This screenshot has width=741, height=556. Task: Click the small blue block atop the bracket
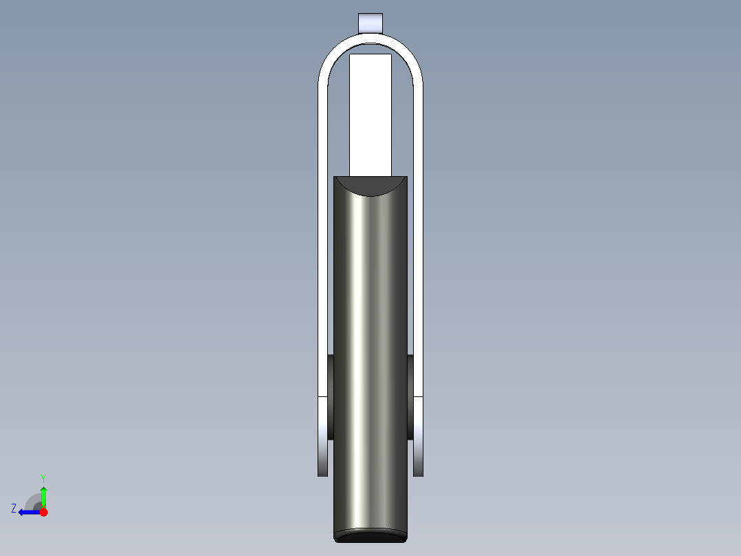tap(370, 22)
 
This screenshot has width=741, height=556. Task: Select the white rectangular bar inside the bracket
tap(370, 114)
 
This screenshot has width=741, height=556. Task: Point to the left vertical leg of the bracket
tap(322, 241)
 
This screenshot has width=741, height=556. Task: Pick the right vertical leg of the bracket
tap(418, 241)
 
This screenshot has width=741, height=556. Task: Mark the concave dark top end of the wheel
tap(370, 185)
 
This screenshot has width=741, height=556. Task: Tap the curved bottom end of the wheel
tap(370, 535)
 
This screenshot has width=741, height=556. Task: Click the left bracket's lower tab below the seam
tap(322, 436)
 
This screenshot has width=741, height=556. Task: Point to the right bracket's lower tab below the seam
tap(418, 436)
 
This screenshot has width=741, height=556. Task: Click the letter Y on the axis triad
tap(43, 478)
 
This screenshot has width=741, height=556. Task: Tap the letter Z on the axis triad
tap(14, 509)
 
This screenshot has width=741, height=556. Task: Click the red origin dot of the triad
tap(43, 512)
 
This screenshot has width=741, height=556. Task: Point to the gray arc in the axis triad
tap(32, 500)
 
